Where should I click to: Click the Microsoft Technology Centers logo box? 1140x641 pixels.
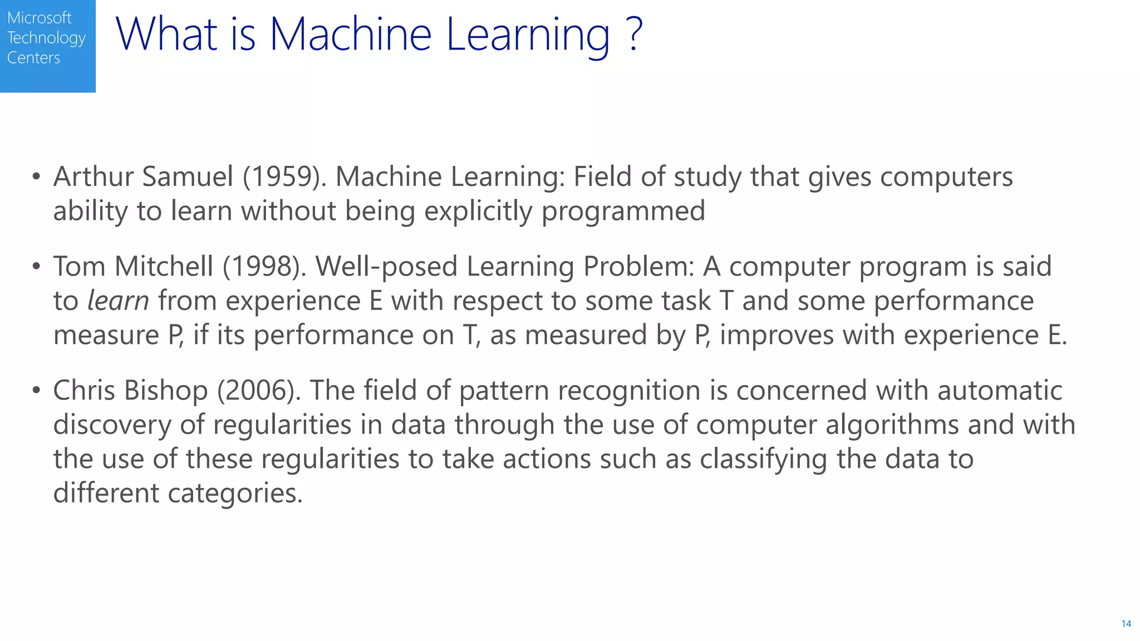click(47, 46)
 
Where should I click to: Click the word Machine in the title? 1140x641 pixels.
click(350, 34)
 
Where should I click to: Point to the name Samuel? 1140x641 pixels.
click(188, 177)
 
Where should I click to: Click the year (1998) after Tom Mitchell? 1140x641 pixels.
click(264, 267)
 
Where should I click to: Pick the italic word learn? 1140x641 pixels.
click(118, 301)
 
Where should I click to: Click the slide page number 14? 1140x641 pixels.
click(1126, 624)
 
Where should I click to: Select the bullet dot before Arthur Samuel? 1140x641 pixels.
click(36, 177)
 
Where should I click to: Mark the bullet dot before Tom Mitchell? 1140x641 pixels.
click(36, 267)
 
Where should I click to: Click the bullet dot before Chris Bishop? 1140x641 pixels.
click(36, 391)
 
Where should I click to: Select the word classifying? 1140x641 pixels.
click(763, 460)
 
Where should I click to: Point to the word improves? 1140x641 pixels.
click(776, 336)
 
